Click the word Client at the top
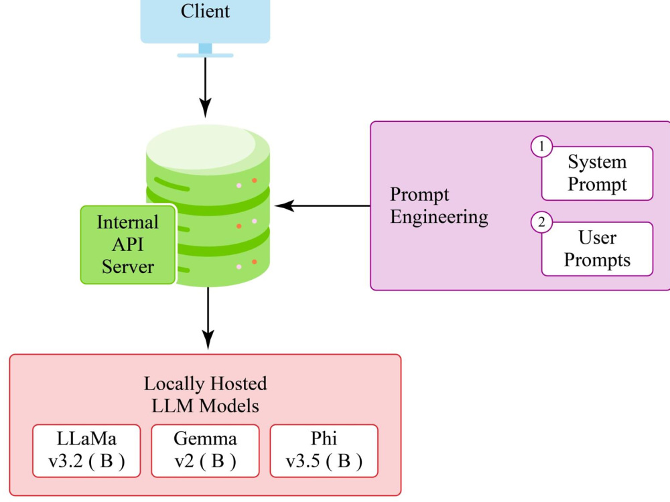click(x=205, y=11)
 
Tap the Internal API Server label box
click(x=127, y=244)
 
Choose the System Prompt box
click(x=597, y=173)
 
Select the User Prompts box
click(x=597, y=249)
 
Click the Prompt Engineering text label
click(x=439, y=205)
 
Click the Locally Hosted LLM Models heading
click(x=205, y=395)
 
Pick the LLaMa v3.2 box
click(x=87, y=450)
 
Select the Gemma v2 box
click(x=205, y=450)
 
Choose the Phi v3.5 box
click(x=324, y=450)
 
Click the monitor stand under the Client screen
click(x=205, y=51)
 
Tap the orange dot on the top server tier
click(x=254, y=181)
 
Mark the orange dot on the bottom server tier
click(x=254, y=262)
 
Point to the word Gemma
click(x=205, y=439)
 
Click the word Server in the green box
click(x=127, y=266)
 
